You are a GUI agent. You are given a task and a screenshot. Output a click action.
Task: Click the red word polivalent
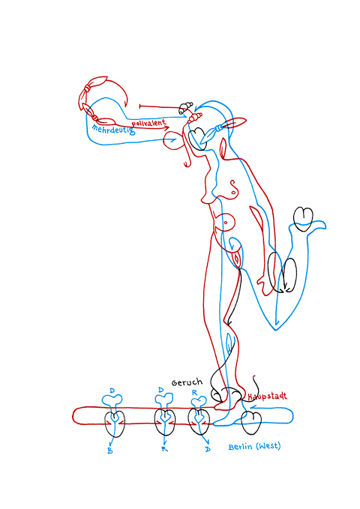[149, 123]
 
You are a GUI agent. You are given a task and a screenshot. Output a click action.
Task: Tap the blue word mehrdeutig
[112, 129]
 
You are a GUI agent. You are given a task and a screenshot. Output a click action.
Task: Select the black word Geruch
[187, 382]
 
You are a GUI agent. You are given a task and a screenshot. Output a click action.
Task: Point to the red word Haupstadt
[268, 397]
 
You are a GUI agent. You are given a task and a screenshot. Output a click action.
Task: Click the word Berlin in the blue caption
[240, 447]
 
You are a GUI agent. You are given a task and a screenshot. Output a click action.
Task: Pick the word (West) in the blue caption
[268, 446]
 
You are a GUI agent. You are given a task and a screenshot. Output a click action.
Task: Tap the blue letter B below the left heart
[110, 451]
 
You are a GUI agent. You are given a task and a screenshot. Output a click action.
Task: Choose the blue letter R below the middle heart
[164, 449]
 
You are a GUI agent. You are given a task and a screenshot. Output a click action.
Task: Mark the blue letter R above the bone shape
[194, 393]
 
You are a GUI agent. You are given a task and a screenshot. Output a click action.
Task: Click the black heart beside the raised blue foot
[303, 220]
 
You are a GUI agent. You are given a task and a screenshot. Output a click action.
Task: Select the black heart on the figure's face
[197, 137]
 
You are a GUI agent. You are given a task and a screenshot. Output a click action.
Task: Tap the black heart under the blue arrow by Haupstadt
[251, 423]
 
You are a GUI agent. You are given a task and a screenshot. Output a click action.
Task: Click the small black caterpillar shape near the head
[185, 108]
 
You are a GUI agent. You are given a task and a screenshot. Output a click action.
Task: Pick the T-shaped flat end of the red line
[139, 106]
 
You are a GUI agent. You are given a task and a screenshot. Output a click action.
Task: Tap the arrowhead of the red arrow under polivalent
[166, 127]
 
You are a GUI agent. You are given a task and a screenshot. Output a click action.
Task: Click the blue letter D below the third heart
[208, 449]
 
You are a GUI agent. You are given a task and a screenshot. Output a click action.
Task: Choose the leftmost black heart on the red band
[115, 424]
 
